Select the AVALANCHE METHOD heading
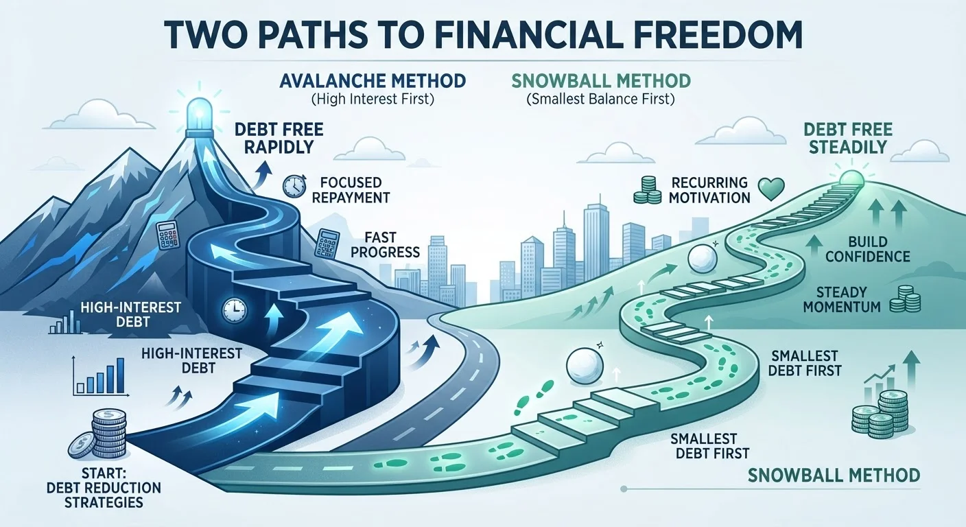point(373,81)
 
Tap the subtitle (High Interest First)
point(373,99)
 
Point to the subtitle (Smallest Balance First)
point(600,99)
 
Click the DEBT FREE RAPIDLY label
point(279,138)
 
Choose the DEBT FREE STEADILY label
point(848,138)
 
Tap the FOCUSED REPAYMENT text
point(351,190)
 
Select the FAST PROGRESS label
point(385,244)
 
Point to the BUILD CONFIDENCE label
point(868,249)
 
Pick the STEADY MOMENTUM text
point(842,299)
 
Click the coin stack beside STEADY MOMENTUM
point(905,299)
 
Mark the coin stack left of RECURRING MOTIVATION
point(647,190)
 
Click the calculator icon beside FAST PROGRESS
point(327,244)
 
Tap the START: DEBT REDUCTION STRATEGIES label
point(104,487)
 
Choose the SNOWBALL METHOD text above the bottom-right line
point(834,476)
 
